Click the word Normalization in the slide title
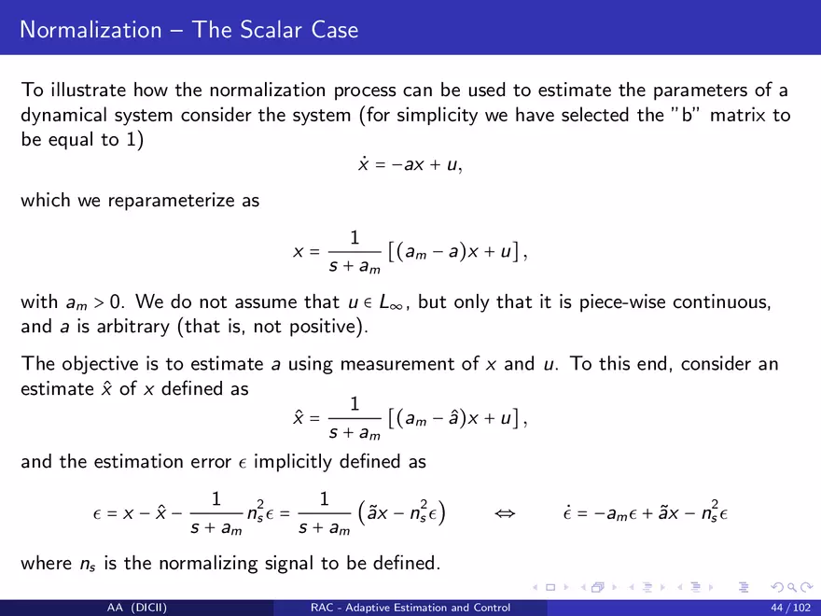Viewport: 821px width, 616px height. pyautogui.click(x=90, y=29)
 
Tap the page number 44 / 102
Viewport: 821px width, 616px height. pyautogui.click(x=790, y=608)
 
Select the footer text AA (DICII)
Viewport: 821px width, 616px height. pyautogui.click(x=137, y=608)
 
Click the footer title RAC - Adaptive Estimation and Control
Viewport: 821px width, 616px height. pyautogui.click(x=410, y=608)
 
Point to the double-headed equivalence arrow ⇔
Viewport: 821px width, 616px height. pyautogui.click(x=506, y=513)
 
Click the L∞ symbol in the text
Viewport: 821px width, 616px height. pyautogui.click(x=391, y=302)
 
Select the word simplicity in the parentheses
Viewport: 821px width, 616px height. pyautogui.click(x=438, y=115)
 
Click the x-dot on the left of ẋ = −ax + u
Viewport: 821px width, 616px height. pyautogui.click(x=363, y=164)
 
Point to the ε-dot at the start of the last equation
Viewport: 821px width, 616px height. pyautogui.click(x=567, y=513)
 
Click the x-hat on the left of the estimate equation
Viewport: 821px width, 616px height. pyautogui.click(x=299, y=418)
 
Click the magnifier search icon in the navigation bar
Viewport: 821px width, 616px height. pyautogui.click(x=792, y=588)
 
